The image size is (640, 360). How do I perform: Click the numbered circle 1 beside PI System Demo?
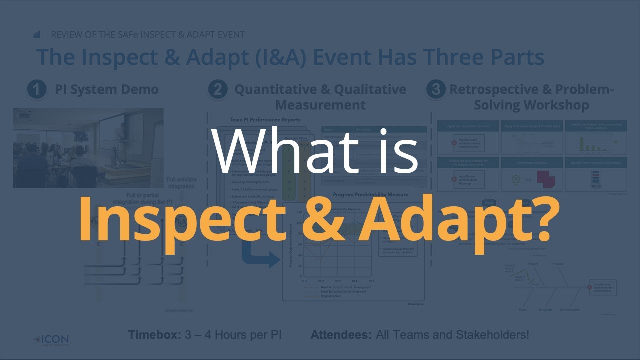pyautogui.click(x=37, y=90)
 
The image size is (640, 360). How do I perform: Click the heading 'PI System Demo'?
pyautogui.click(x=106, y=90)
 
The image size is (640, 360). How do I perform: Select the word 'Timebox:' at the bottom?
pyautogui.click(x=154, y=334)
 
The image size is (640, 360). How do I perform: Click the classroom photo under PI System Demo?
pyautogui.click(x=88, y=148)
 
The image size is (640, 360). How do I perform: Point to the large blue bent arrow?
pyautogui.click(x=260, y=255)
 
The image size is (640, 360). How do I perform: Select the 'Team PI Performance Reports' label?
pyautogui.click(x=265, y=120)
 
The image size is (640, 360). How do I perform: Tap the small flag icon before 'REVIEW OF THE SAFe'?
pyautogui.click(x=37, y=35)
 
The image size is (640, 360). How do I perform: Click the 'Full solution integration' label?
pyautogui.click(x=180, y=183)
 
